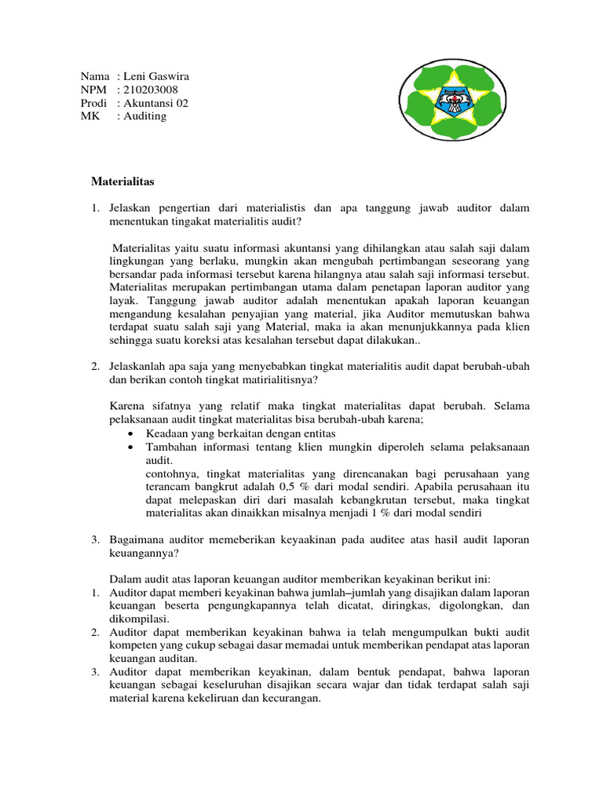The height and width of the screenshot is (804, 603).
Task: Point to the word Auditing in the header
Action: pyautogui.click(x=144, y=116)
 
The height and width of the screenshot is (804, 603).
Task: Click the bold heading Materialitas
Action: pyautogui.click(x=123, y=181)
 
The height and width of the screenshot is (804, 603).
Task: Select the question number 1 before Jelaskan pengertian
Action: pyautogui.click(x=94, y=208)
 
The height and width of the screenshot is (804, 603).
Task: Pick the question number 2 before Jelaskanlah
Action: pyautogui.click(x=94, y=366)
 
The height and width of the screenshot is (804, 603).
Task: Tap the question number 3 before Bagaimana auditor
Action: pyautogui.click(x=94, y=540)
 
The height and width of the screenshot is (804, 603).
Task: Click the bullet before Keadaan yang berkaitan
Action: pyautogui.click(x=130, y=433)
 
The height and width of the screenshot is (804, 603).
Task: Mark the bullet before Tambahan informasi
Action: pyautogui.click(x=130, y=447)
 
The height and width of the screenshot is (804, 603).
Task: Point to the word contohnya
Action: pyautogui.click(x=171, y=473)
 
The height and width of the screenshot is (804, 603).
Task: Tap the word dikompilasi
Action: pyautogui.click(x=137, y=619)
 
